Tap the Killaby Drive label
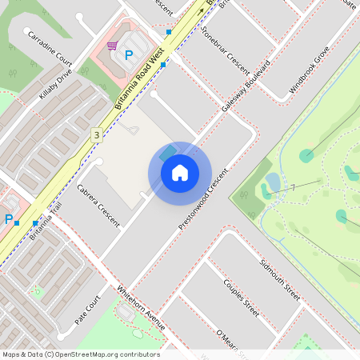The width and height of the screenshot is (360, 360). coord(55,83)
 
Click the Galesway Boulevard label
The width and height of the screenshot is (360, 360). coord(250,91)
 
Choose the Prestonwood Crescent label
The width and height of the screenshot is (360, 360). coord(203,202)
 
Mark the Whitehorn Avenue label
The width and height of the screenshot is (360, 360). coord(141,308)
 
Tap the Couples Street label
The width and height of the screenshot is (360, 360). coord(241,297)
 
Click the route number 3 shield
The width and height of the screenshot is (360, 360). coord(96,135)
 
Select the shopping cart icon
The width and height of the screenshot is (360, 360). coord(112,46)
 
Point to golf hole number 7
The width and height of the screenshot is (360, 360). coord(294,187)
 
